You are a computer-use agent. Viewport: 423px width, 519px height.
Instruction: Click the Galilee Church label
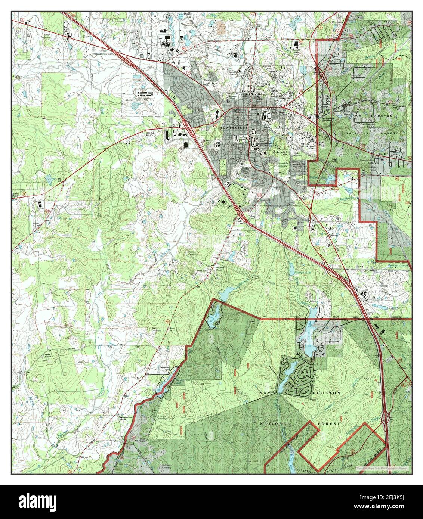click(15, 195)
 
